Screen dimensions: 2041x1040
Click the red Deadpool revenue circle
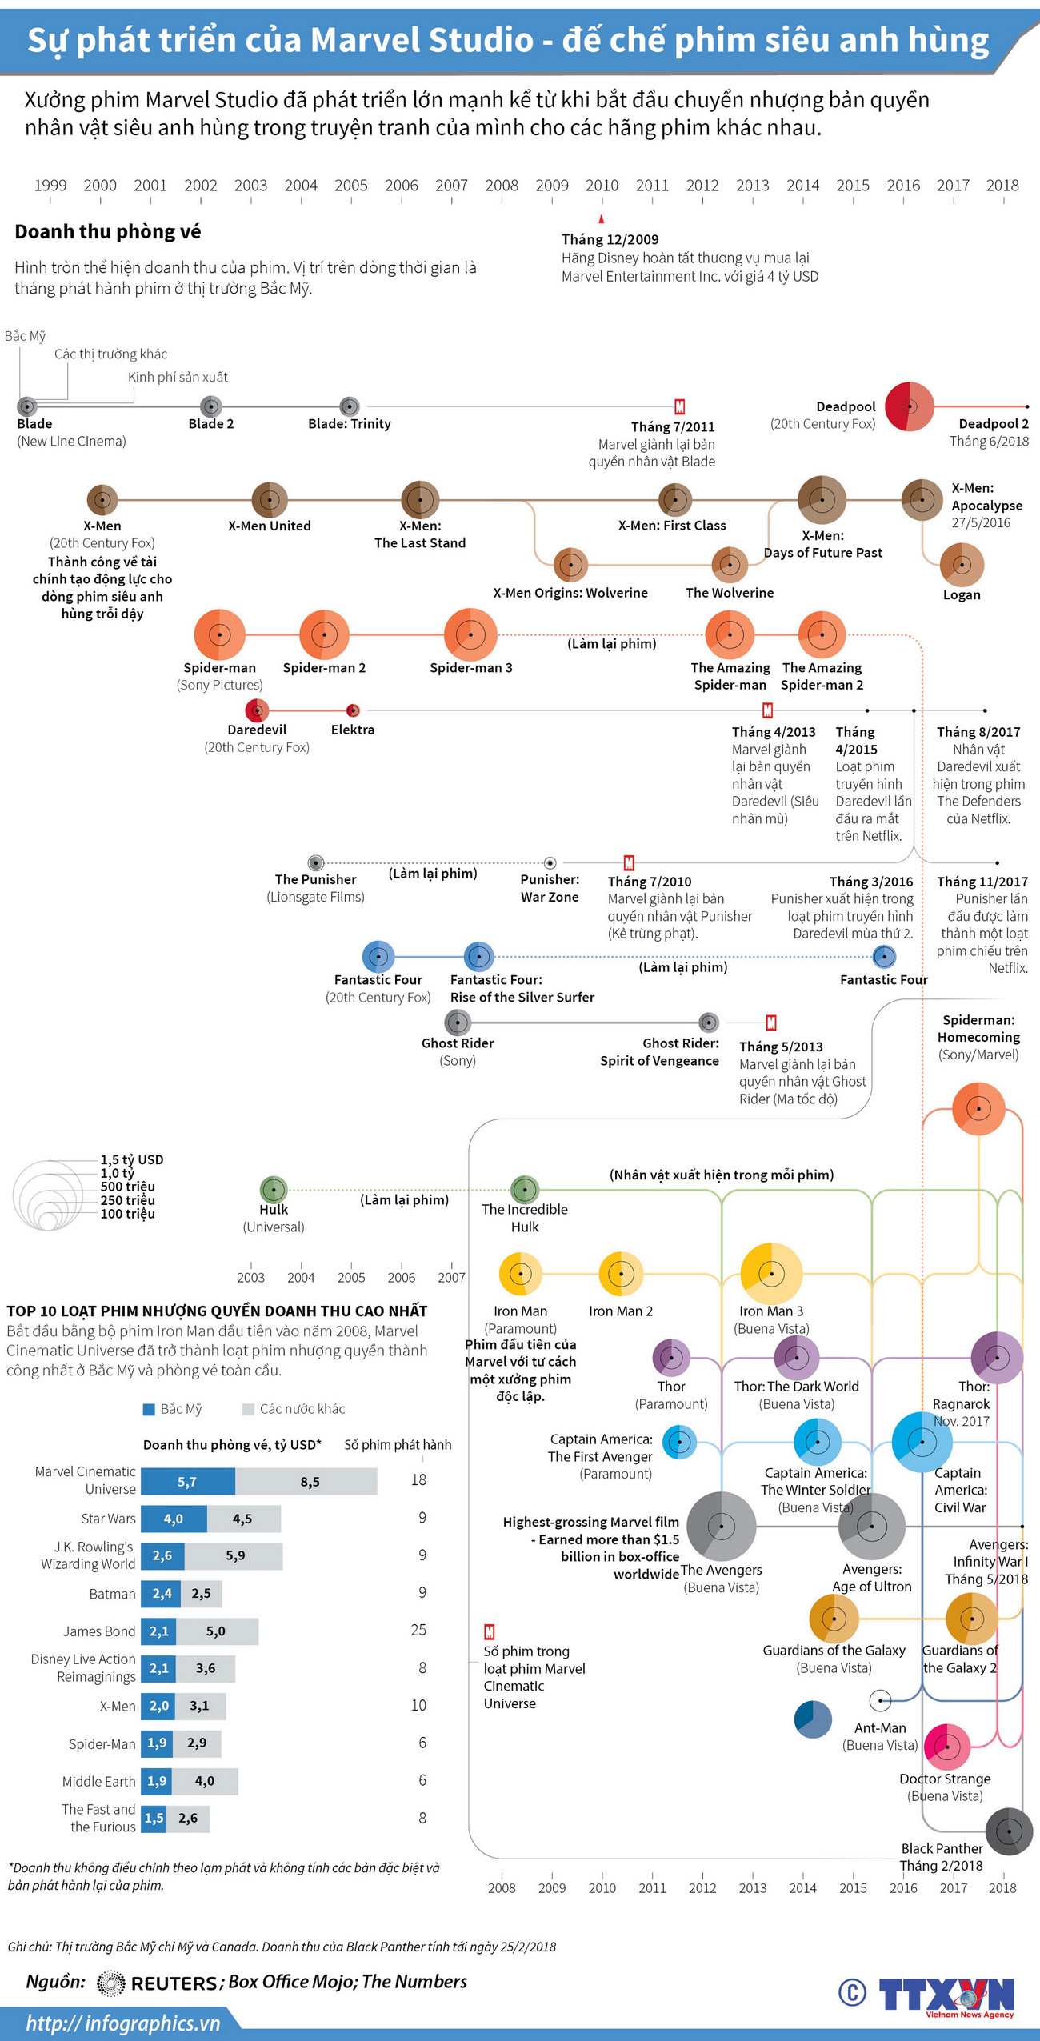pyautogui.click(x=909, y=406)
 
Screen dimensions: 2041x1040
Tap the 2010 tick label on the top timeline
pyautogui.click(x=602, y=186)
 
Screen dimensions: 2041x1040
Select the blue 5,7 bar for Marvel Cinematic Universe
pyautogui.click(x=188, y=1482)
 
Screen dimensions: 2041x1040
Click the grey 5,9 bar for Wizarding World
pyautogui.click(x=234, y=1555)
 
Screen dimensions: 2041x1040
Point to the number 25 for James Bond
pyautogui.click(x=418, y=1630)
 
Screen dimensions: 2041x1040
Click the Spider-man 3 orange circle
pyautogui.click(x=470, y=634)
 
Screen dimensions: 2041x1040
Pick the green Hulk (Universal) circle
pyautogui.click(x=274, y=1189)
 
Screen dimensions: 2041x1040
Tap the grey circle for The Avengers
pyautogui.click(x=721, y=1526)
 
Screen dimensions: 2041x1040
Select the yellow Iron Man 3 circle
pyautogui.click(x=771, y=1273)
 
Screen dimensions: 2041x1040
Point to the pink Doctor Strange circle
pyautogui.click(x=946, y=1747)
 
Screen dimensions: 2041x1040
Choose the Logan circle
pyautogui.click(x=962, y=565)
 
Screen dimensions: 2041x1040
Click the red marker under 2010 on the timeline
pyautogui.click(x=602, y=218)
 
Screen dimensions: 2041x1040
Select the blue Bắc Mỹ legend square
pyautogui.click(x=149, y=1409)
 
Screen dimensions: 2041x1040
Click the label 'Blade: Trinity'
pyautogui.click(x=350, y=424)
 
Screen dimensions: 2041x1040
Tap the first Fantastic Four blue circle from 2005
pyautogui.click(x=378, y=956)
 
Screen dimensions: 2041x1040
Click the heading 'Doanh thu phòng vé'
pyautogui.click(x=108, y=232)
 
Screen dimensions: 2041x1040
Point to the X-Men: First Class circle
pyautogui.click(x=675, y=500)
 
